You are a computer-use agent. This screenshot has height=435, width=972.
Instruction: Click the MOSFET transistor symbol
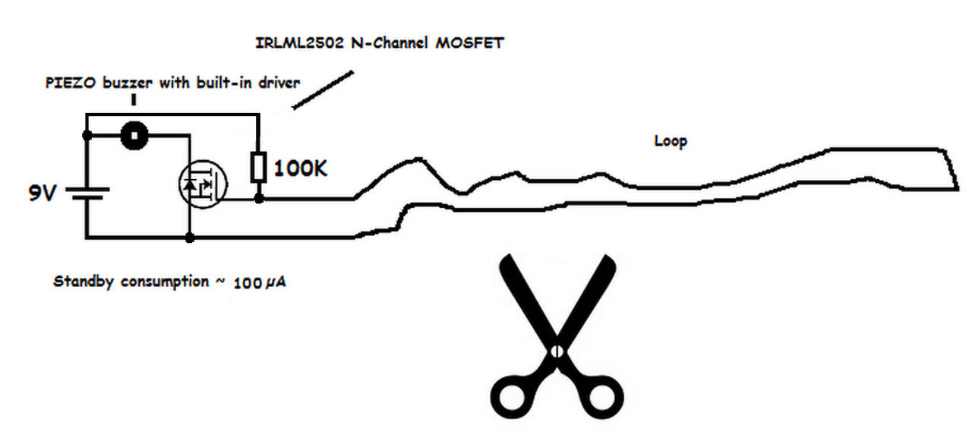pos(203,184)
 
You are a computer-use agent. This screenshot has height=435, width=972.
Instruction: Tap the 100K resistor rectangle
pos(258,167)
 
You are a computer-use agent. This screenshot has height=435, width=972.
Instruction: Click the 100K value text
pos(301,169)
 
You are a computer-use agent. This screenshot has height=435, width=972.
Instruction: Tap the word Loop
pos(671,141)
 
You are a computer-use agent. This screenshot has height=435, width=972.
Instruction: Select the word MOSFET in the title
pos(469,43)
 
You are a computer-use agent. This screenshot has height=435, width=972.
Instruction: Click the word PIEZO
pos(66,83)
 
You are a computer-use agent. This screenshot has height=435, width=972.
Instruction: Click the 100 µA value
pos(260,283)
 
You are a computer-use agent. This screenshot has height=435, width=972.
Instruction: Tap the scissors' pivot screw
pos(557,351)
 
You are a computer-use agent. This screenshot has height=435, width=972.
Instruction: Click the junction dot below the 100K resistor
pos(258,198)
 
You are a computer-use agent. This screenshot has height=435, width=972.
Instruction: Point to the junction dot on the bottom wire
pos(189,238)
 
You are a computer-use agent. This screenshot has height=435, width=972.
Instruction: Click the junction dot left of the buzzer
pos(87,136)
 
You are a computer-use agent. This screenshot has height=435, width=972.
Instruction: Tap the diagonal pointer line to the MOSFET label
pos(323,90)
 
